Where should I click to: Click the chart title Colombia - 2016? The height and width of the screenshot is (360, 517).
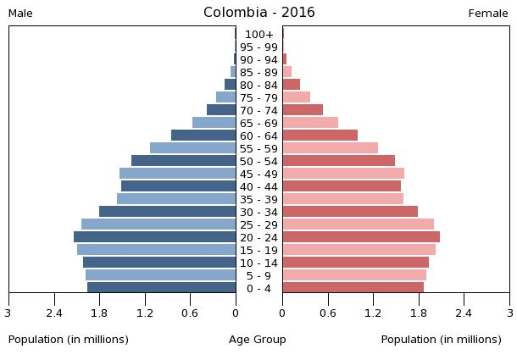(258, 13)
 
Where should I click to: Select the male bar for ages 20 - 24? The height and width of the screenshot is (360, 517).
(155, 237)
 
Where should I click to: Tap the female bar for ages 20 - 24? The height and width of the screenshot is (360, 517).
(361, 237)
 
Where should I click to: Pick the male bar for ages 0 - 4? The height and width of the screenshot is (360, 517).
(162, 288)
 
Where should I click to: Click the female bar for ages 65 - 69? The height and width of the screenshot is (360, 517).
(310, 123)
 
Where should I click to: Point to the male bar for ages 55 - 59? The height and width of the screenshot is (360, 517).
(193, 148)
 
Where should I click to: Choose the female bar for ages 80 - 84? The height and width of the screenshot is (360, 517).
(292, 85)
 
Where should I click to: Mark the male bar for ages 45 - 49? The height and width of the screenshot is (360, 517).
(178, 174)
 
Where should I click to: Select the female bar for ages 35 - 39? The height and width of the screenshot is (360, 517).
(342, 199)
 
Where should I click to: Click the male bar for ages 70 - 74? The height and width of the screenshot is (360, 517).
(221, 110)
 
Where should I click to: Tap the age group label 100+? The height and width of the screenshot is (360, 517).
(258, 35)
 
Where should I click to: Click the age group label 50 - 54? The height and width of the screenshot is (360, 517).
(258, 162)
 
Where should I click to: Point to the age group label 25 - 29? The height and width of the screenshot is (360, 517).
(258, 225)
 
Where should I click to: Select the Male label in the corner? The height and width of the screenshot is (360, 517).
(20, 14)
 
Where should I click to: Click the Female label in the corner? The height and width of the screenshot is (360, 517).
(488, 14)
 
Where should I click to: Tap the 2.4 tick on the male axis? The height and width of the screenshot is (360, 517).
(55, 313)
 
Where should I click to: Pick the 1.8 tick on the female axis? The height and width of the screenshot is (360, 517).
(418, 313)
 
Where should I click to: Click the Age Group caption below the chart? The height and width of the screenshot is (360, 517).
(258, 340)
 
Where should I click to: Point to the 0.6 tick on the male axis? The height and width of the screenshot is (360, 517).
(191, 313)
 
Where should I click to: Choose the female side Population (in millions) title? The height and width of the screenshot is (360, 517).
(441, 340)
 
